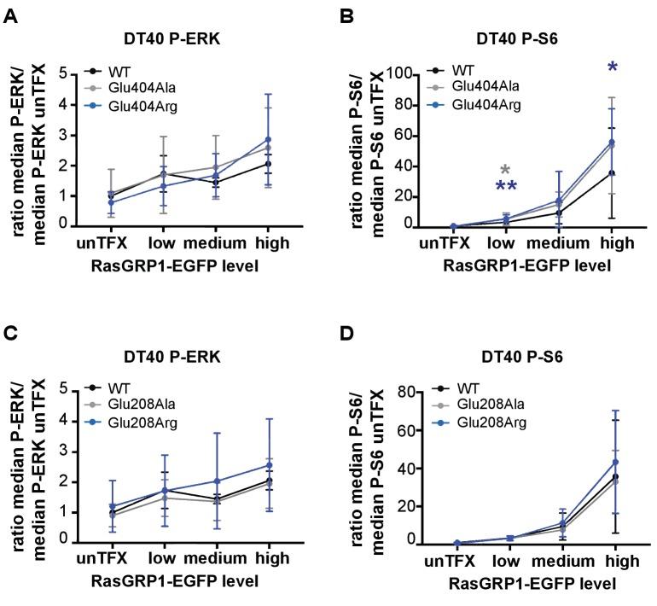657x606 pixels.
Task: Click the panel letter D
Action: pos(348,329)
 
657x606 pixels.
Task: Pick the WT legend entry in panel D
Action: pos(462,387)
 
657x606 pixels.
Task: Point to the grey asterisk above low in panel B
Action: pos(505,170)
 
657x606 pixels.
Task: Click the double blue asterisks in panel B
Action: pos(505,188)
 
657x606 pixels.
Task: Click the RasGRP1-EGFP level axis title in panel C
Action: pos(176,580)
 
